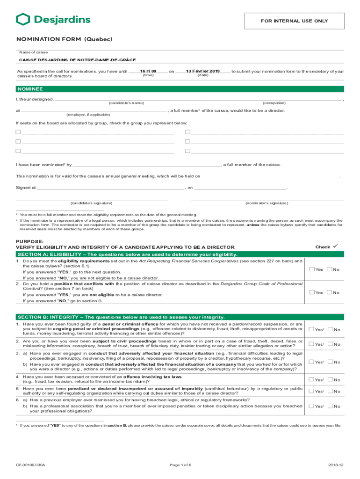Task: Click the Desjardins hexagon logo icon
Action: click(23, 19)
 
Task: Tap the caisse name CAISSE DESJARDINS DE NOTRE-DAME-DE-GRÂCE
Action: click(78, 60)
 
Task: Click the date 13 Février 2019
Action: click(202, 71)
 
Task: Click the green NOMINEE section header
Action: click(180, 89)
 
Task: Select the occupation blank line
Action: click(274, 99)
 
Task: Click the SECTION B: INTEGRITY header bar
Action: click(180, 317)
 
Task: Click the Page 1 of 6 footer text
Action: click(180, 465)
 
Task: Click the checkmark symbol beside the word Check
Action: click(336, 247)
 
